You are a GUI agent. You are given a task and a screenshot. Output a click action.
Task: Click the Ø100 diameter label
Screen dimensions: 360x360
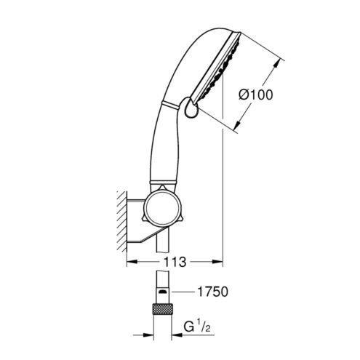(x=255, y=95)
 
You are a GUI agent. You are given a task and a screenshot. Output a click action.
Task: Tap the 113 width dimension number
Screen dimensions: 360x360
(x=175, y=262)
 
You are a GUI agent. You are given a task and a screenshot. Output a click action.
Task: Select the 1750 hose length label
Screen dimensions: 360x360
(x=212, y=292)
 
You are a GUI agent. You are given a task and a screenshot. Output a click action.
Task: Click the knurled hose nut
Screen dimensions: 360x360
(x=162, y=308)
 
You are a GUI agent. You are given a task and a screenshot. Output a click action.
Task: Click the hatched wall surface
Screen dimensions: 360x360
(x=122, y=221)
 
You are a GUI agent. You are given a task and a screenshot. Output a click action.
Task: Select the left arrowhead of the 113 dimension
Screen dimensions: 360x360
(x=132, y=262)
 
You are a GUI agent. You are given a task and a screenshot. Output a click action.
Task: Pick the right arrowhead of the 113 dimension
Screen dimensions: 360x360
(x=217, y=262)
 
